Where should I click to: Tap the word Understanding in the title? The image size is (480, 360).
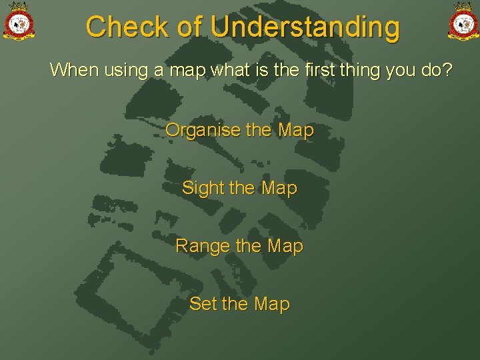(305, 27)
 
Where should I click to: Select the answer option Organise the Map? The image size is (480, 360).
(239, 130)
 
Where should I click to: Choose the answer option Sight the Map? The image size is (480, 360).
(239, 188)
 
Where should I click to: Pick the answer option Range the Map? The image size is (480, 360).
(239, 246)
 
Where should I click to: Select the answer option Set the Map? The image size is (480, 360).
(239, 304)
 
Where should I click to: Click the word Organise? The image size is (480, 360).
(203, 130)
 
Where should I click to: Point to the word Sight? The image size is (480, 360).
(203, 188)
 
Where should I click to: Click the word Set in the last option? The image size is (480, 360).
(203, 304)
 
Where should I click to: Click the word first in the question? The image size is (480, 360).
(313, 69)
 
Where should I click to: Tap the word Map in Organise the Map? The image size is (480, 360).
(295, 130)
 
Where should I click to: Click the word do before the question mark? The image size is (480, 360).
(430, 69)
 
